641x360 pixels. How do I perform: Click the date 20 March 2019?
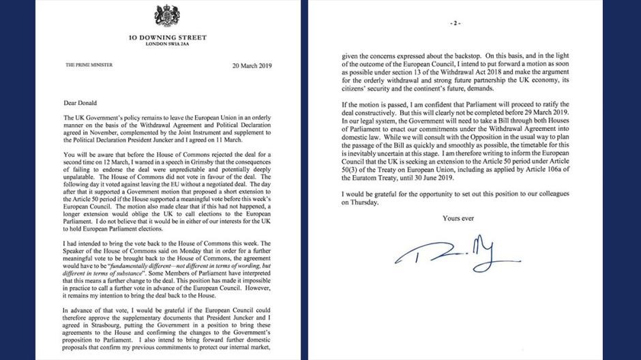252,65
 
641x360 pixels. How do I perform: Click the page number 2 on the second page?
455,23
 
